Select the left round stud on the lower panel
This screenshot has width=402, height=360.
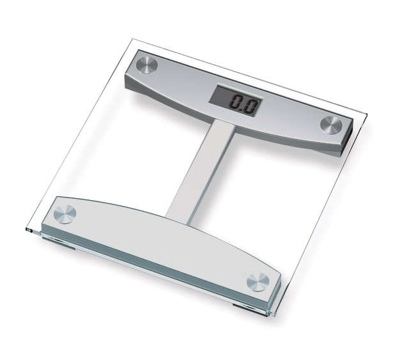coord(65,214)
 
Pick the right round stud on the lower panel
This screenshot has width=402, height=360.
coord(258,281)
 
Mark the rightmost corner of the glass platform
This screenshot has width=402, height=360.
coord(367,115)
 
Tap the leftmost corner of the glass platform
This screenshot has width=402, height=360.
coord(26,228)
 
